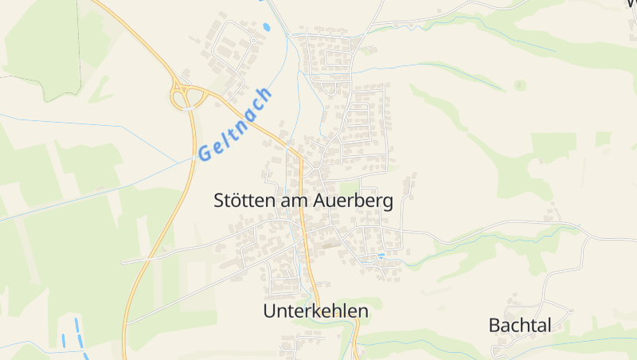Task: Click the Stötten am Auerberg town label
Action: click(303, 201)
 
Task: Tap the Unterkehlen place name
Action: click(315, 311)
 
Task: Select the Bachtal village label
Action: click(520, 325)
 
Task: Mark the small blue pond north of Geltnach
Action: click(266, 27)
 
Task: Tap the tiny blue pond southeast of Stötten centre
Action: click(381, 256)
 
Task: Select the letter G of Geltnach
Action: click(205, 151)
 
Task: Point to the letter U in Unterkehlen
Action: click(270, 311)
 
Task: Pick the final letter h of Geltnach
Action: click(264, 96)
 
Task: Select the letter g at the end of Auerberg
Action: click(387, 203)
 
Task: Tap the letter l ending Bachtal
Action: click(549, 325)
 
